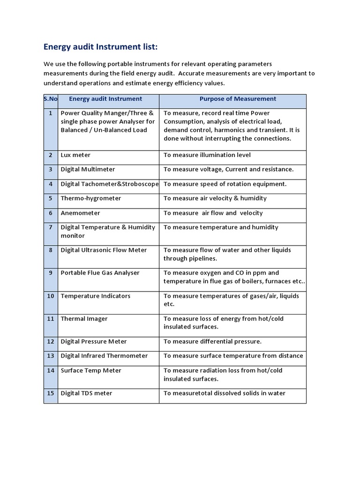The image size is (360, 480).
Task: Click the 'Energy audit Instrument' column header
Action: pos(105,99)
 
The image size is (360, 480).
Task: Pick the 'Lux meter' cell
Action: pos(75,155)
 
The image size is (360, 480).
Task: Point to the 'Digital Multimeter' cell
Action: pos(88,169)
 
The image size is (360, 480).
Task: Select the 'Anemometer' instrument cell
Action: pos(80,213)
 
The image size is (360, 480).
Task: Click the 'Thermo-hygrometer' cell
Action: pos(90,198)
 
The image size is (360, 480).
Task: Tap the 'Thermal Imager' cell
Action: pos(84,319)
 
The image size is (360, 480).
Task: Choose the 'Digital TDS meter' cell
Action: pos(86,393)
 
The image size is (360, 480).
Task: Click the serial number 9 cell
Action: pos(51,273)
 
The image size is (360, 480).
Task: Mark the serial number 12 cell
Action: pos(51,342)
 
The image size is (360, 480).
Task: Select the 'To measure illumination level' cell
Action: pos(207,155)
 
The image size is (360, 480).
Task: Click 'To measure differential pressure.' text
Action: pos(212,342)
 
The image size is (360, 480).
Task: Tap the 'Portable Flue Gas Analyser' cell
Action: pos(100,273)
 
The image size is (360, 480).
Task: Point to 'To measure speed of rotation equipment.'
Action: pos(225,184)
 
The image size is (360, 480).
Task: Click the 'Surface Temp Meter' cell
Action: pos(90,370)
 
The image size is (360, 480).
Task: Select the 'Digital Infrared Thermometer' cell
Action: pos(104,356)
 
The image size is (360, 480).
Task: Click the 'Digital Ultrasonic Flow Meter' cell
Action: pos(104,250)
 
